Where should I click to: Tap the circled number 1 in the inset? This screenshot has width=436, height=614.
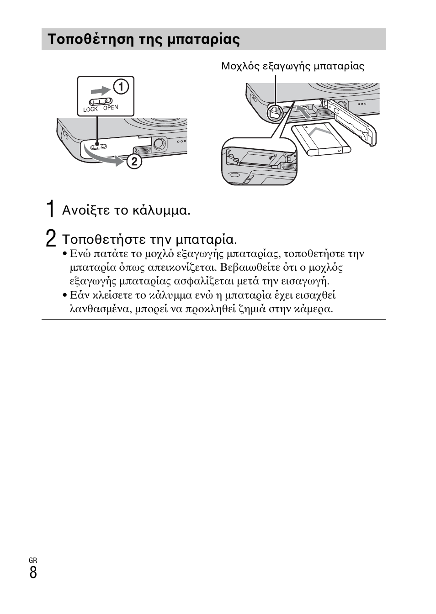121,86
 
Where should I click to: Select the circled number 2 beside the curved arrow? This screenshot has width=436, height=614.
134,161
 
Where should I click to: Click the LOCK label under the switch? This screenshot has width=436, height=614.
90,110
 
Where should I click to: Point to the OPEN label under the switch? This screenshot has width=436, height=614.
111,108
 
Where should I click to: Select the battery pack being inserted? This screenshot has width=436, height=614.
321,139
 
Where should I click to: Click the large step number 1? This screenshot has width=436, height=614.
51,210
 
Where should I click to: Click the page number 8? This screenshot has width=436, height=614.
33,572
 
